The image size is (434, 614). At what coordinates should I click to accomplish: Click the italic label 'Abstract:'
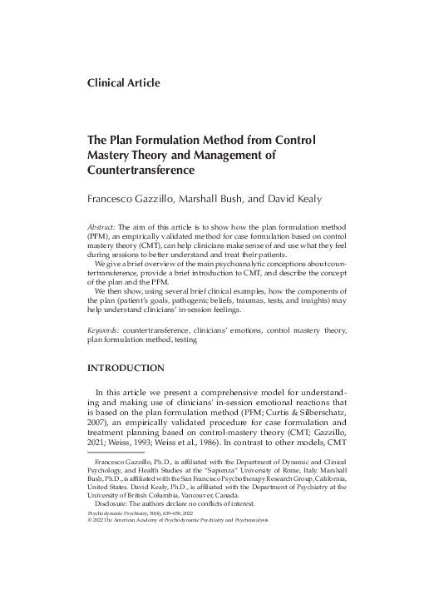pyautogui.click(x=102, y=227)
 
